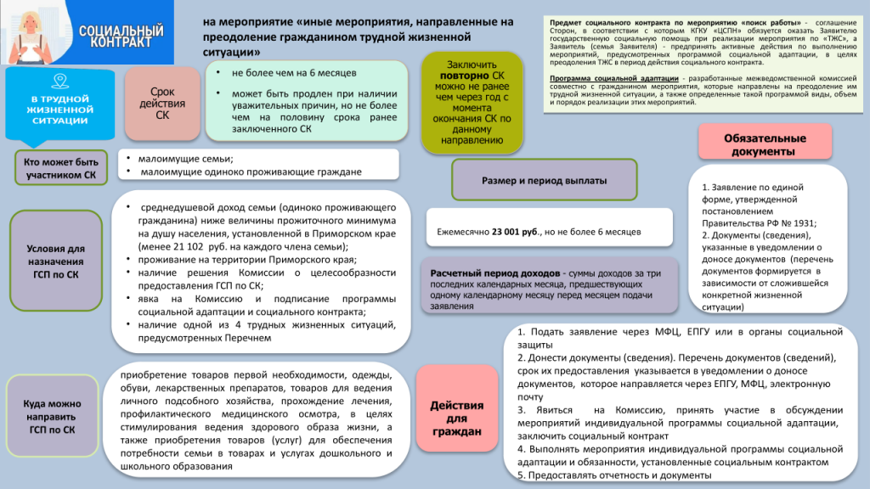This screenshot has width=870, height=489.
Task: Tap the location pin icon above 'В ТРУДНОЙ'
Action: pos(59,81)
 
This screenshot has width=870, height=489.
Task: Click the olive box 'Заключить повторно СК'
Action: pos(472,103)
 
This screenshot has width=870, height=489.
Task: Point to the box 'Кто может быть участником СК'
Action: pos(61,168)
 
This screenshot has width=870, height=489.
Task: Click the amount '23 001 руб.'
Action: pos(515,231)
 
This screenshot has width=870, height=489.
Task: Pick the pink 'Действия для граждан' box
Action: pos(456,419)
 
